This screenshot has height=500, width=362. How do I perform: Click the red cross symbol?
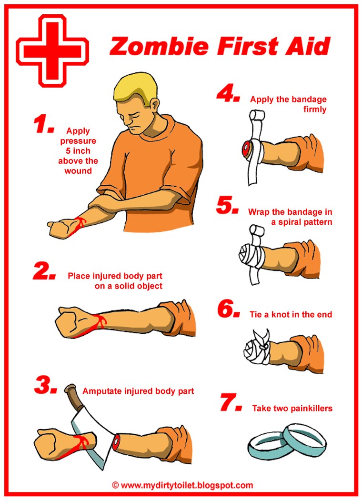(52, 51)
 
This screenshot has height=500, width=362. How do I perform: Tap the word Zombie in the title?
(159, 46)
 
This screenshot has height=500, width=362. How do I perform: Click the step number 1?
(43, 124)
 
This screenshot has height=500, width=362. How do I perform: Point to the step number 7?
(231, 402)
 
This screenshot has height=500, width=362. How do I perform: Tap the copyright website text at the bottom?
(182, 485)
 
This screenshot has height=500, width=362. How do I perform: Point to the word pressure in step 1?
(78, 141)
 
